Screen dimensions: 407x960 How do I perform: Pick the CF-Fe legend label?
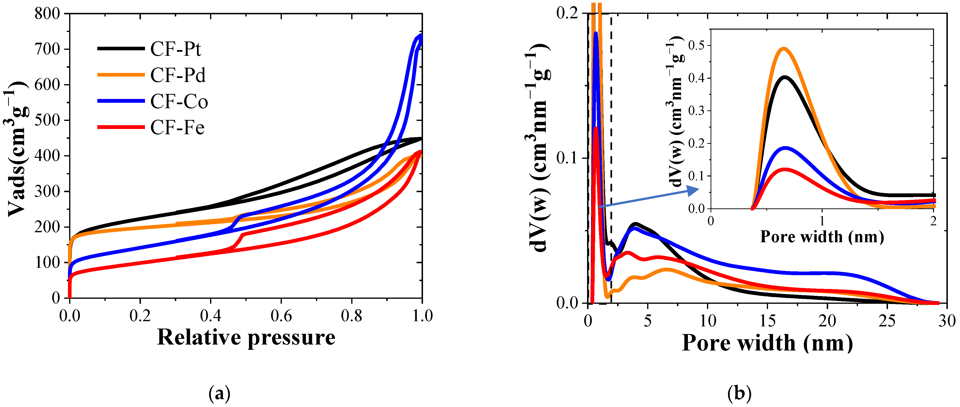click(177, 128)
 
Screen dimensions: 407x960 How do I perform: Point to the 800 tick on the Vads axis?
click(47, 14)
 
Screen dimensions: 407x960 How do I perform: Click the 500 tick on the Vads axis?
click(47, 120)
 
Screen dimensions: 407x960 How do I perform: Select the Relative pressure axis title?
click(246, 337)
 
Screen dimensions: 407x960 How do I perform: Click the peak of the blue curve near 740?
click(420, 36)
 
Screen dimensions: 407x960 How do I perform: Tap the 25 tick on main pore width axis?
click(887, 320)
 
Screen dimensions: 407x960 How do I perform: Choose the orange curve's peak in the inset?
click(784, 48)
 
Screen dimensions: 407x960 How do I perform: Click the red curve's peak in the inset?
click(785, 170)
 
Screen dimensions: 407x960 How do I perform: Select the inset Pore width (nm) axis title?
click(822, 237)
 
